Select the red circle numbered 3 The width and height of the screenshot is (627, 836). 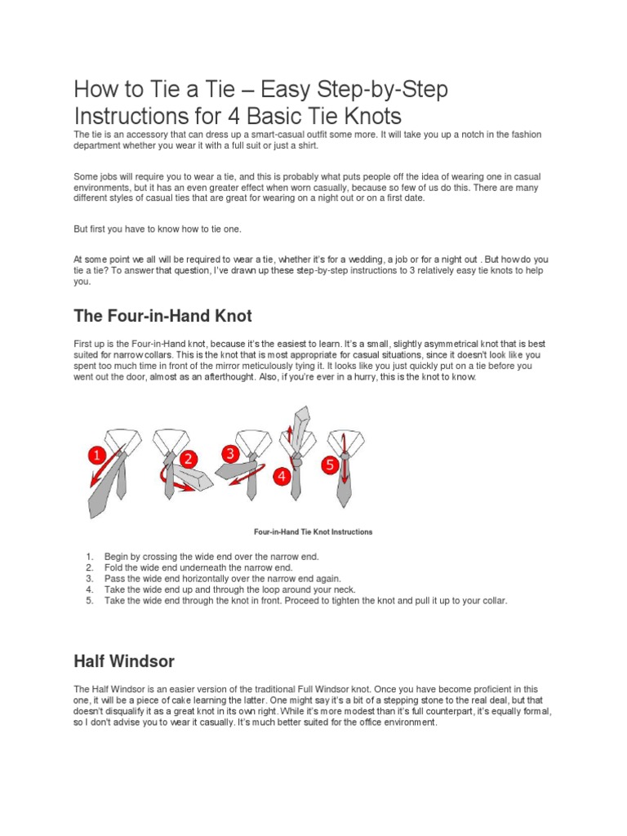[x=229, y=453]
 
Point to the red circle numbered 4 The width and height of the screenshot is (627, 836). [x=282, y=476]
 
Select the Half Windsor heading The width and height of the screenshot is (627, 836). [x=123, y=660]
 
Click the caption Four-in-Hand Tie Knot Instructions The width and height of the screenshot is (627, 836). [x=313, y=531]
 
